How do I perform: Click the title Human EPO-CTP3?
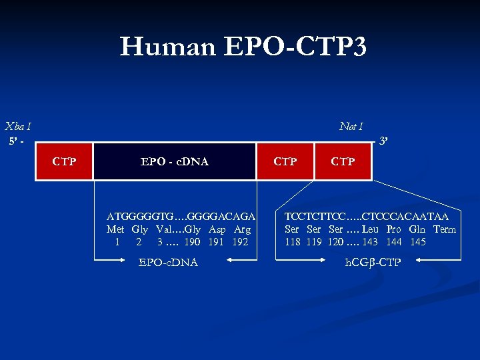click(243, 47)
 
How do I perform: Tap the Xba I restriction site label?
click(18, 126)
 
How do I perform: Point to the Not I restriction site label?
click(351, 126)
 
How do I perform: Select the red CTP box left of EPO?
click(64, 161)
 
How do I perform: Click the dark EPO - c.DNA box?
click(174, 161)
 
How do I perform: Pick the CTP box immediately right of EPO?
click(285, 161)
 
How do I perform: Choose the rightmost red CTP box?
click(343, 161)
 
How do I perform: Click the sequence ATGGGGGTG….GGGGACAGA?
click(181, 217)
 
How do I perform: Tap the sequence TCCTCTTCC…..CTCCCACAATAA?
click(366, 217)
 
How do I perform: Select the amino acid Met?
click(115, 229)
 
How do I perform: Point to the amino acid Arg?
click(243, 229)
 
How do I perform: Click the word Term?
click(444, 229)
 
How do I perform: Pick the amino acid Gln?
click(417, 229)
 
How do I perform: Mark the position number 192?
click(240, 242)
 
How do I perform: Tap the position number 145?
click(417, 242)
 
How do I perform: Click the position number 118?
click(293, 242)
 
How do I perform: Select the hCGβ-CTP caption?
click(373, 262)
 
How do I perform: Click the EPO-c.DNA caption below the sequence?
click(168, 262)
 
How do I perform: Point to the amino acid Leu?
click(371, 229)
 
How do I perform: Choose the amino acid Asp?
click(217, 229)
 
